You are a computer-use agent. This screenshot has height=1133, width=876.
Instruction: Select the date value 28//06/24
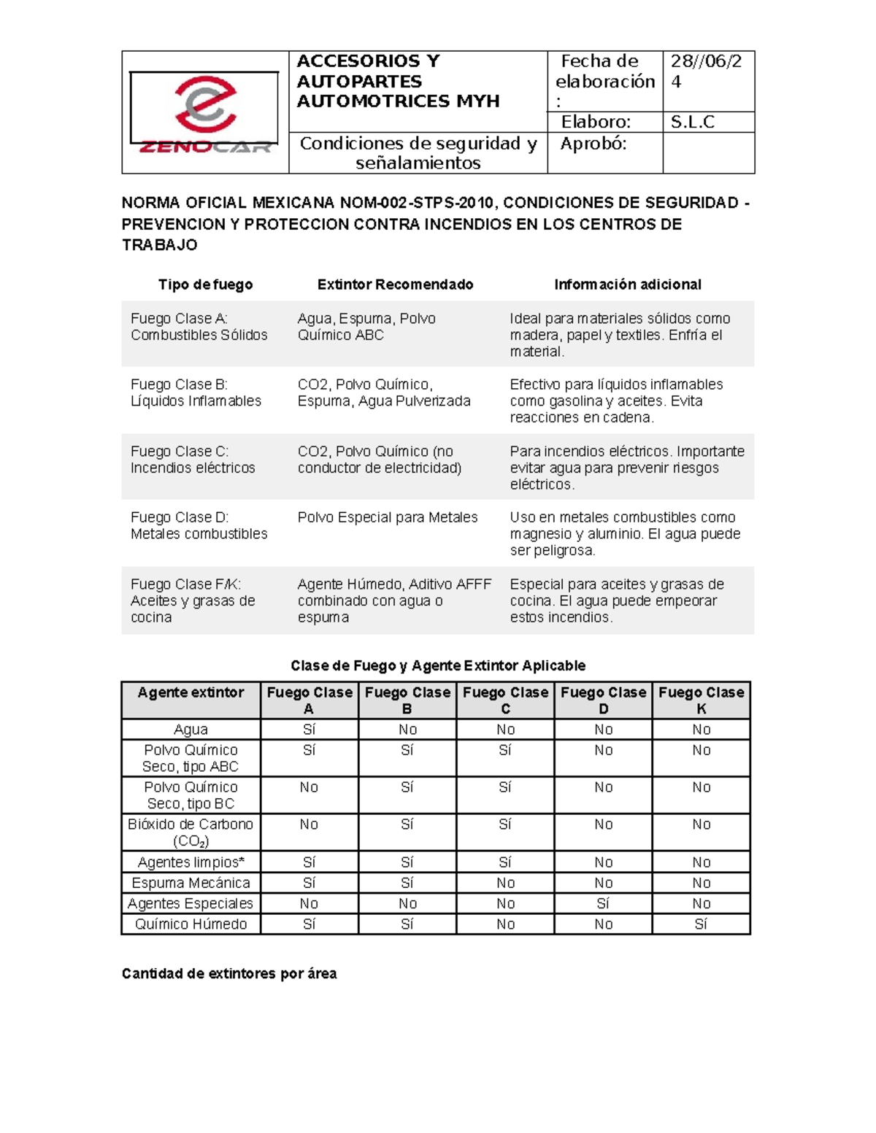(705, 71)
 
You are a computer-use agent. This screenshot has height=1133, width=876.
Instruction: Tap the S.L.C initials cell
(692, 122)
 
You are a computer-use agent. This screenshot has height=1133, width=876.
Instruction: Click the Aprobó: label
(593, 144)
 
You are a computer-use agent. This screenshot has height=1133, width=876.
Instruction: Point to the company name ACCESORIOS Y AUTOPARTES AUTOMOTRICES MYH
(398, 81)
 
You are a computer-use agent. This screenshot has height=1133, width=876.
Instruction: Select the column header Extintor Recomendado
(395, 285)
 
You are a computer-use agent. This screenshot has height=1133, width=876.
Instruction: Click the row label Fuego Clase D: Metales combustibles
(199, 525)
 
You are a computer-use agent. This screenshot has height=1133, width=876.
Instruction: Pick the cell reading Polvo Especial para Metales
(387, 517)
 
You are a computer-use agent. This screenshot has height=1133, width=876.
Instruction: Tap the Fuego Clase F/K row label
(193, 600)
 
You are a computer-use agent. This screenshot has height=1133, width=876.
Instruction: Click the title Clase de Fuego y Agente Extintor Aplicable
(438, 665)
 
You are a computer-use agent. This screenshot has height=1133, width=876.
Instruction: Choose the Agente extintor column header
(191, 692)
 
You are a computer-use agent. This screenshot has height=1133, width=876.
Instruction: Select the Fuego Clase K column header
(701, 700)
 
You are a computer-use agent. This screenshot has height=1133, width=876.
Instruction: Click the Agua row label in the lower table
(191, 730)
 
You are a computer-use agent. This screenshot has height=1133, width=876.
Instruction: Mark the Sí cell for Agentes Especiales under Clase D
(603, 903)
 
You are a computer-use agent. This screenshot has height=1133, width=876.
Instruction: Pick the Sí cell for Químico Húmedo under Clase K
(701, 924)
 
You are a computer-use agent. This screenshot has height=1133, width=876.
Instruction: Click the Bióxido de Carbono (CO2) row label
(191, 832)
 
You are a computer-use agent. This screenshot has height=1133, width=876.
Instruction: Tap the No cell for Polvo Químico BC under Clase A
(309, 787)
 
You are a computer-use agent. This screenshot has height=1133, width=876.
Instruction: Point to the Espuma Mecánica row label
(191, 883)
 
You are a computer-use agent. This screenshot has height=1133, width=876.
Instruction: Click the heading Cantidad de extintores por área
(229, 973)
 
